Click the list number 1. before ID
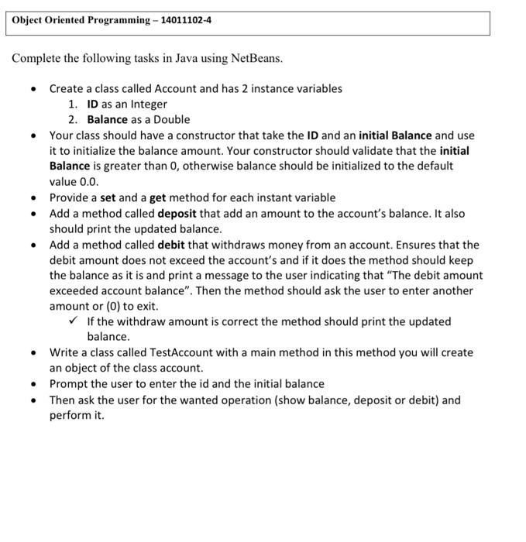(73, 104)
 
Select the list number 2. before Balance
(73, 119)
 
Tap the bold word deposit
(180, 213)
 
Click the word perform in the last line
(71, 416)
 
